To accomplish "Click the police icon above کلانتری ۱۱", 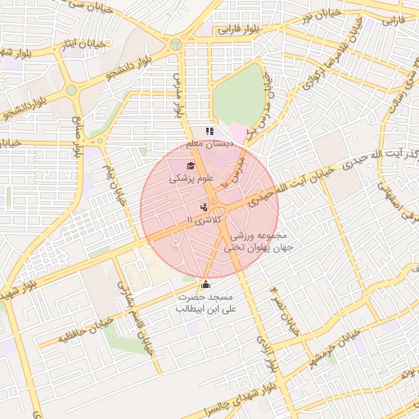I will pos(203,208).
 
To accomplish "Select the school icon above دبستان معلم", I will pos(209,131).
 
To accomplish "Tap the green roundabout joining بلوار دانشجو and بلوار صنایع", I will pos(71,89).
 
